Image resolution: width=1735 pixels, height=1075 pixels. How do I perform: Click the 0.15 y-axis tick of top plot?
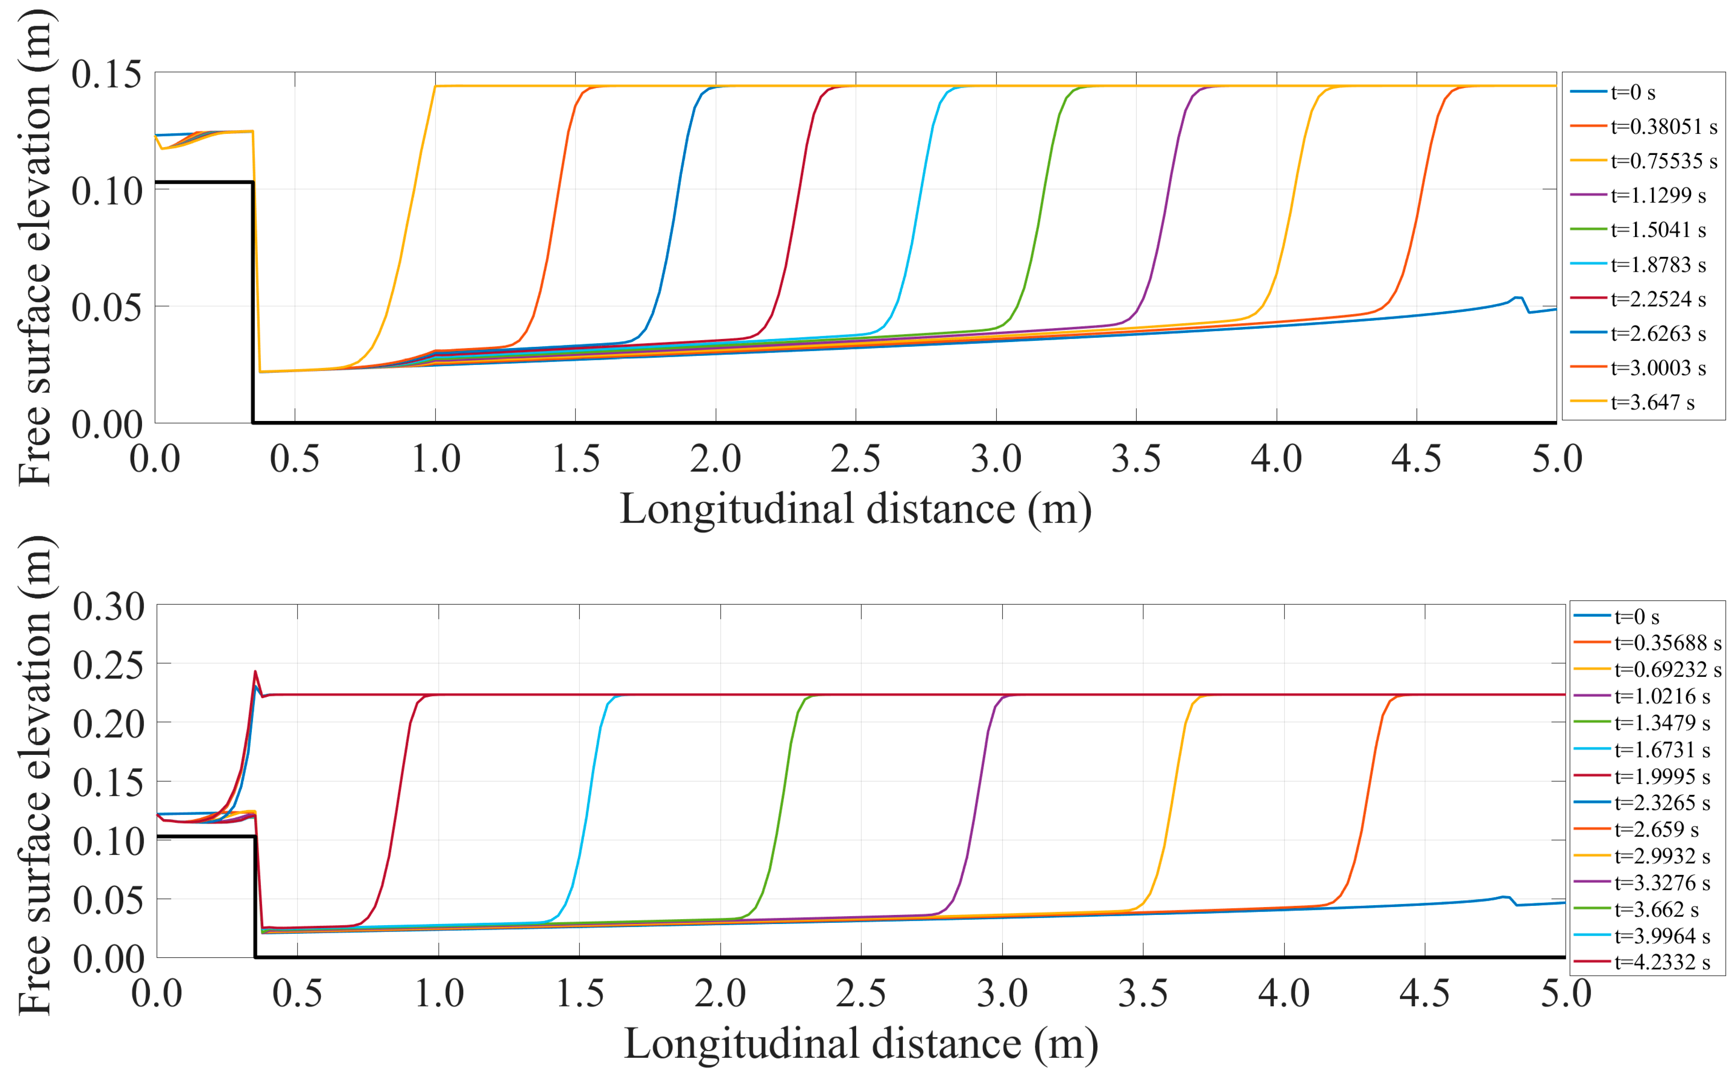pos(107,74)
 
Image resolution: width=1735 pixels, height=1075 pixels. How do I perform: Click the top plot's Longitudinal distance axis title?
pos(855,509)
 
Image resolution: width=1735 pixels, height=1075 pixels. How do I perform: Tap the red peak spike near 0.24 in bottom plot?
pos(255,672)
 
